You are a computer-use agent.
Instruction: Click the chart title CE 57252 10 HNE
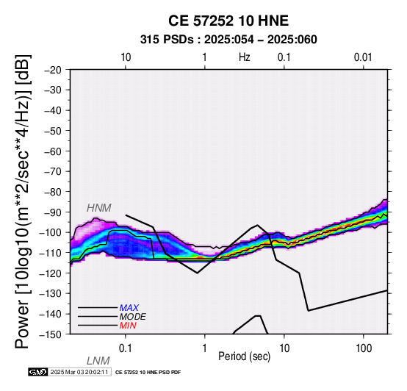[228, 21]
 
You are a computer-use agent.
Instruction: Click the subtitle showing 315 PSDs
[228, 40]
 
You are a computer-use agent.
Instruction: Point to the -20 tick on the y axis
[53, 70]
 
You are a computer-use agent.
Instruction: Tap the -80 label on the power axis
[53, 192]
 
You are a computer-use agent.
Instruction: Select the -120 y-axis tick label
[51, 273]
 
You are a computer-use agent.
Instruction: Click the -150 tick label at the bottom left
[51, 334]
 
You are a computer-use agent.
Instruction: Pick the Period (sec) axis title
[244, 356]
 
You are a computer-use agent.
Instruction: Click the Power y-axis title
[23, 202]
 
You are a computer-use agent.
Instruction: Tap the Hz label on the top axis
[244, 57]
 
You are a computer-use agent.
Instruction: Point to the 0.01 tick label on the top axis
[363, 57]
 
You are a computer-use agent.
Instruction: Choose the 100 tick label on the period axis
[364, 348]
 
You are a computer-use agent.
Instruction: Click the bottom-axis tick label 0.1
[125, 348]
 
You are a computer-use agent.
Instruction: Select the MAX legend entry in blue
[129, 308]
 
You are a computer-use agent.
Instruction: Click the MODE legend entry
[133, 317]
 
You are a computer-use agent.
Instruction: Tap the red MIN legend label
[128, 326]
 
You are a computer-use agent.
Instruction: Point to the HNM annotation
[99, 208]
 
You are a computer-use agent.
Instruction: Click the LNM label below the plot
[98, 361]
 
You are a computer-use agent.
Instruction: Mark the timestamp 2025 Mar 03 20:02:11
[79, 373]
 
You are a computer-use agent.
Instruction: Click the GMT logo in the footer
[38, 373]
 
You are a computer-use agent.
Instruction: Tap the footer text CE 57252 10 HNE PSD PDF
[148, 373]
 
